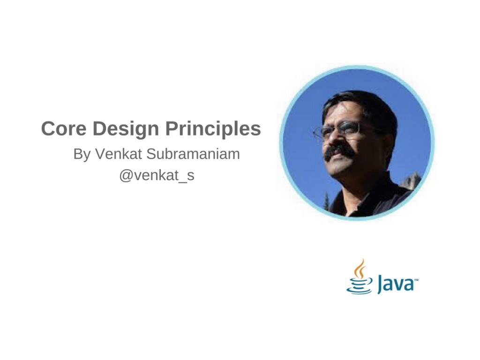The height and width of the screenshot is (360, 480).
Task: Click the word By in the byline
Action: click(x=82, y=154)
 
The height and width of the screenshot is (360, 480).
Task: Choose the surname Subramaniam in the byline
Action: click(x=193, y=154)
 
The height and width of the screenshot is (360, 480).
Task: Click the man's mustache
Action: click(x=340, y=152)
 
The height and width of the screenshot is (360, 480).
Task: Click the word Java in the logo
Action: click(x=395, y=284)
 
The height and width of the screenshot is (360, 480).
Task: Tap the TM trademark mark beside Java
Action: click(x=416, y=280)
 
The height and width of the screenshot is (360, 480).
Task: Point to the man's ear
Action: click(x=381, y=136)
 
